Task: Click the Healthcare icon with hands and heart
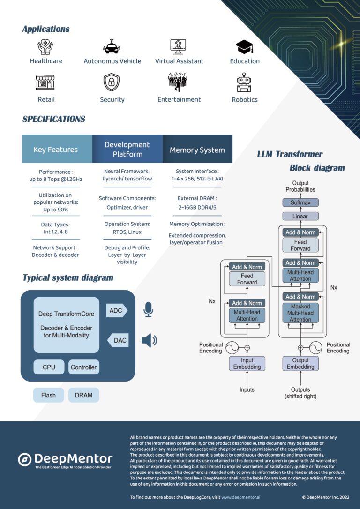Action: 45,47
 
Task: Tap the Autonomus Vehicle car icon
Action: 112,47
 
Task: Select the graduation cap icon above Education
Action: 244,47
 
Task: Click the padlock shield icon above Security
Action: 112,82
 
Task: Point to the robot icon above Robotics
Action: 244,83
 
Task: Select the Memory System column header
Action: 197,150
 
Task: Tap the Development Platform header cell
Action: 127,150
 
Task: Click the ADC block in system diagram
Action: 116,310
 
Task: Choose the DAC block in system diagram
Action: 119,340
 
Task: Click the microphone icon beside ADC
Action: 148,310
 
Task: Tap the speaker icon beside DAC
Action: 149,340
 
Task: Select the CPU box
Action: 49,367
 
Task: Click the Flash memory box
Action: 48,395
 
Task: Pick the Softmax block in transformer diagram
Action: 300,202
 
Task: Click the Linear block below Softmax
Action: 300,216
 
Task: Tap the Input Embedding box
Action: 247,363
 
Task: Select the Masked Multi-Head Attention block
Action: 300,313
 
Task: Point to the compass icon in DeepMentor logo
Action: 24,459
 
